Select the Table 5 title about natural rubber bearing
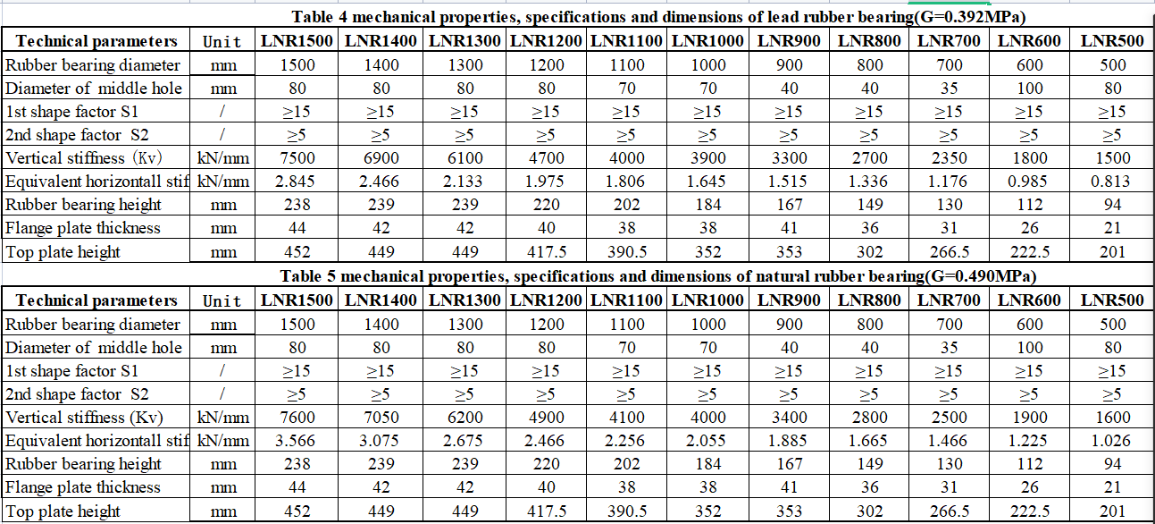[x=658, y=276]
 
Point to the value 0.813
[x=1111, y=182]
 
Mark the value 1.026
[x=1111, y=441]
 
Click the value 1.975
[x=547, y=182]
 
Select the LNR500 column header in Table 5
[x=1111, y=300]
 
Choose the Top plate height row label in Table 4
[x=63, y=252]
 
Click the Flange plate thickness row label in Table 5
[x=71, y=487]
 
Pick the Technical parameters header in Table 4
[x=96, y=41]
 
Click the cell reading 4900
[x=547, y=418]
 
